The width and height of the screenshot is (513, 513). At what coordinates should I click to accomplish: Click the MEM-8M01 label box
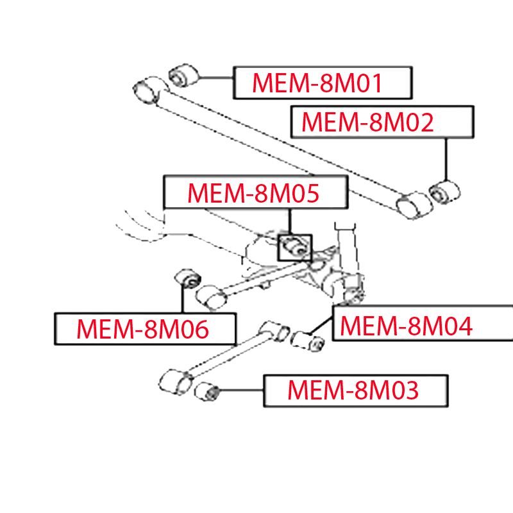point(322,83)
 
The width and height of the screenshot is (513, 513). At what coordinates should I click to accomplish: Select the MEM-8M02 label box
point(385,122)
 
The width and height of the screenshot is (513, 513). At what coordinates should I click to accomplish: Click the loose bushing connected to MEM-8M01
point(183,76)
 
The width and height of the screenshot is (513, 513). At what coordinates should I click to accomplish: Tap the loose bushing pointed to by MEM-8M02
point(445,190)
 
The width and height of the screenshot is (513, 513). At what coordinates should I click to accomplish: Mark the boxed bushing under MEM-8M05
point(294,245)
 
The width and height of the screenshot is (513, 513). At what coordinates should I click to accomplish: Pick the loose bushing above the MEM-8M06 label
point(189,279)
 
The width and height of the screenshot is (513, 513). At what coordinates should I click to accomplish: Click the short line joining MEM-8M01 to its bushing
point(215,78)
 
